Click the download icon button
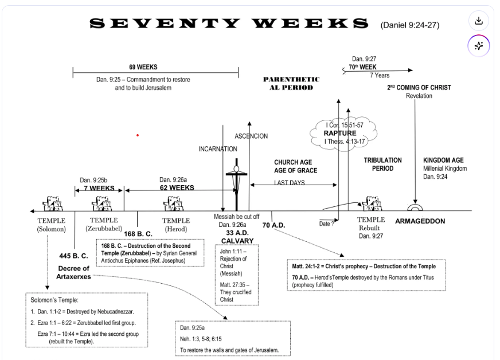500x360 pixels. (x=478, y=21)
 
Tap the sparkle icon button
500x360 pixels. (x=478, y=46)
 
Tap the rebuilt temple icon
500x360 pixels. (x=371, y=204)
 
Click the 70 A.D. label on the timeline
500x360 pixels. (x=274, y=225)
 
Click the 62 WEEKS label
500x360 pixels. (x=177, y=187)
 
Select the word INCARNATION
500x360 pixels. (x=218, y=149)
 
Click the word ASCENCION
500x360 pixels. (x=251, y=136)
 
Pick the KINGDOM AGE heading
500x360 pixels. (x=443, y=161)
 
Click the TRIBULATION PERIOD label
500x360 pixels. (x=382, y=165)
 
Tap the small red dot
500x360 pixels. (x=138, y=135)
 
